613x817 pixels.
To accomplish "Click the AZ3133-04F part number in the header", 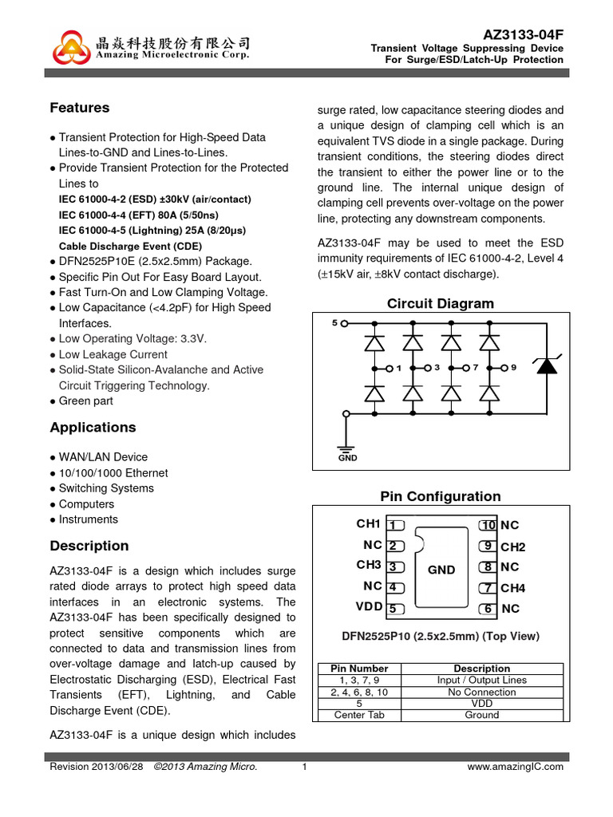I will [x=524, y=35].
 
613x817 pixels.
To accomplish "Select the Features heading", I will [x=79, y=108].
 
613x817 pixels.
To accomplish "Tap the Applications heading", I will [x=93, y=428].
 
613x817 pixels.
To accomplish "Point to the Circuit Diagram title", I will [x=440, y=304].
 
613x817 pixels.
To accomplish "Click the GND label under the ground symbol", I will [x=347, y=458].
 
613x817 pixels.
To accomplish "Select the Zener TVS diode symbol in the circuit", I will [x=546, y=365].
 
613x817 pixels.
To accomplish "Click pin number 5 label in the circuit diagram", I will [x=334, y=323].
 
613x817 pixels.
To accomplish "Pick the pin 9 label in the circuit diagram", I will [x=514, y=368].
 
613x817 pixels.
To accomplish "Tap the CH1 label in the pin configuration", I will [x=368, y=524].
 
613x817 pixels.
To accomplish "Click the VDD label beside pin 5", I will [x=369, y=607].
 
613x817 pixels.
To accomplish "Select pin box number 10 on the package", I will [x=488, y=525].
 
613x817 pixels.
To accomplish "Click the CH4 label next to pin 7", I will [x=512, y=589].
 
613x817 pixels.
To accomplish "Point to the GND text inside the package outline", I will [x=441, y=570].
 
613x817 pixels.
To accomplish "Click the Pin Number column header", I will [x=359, y=669].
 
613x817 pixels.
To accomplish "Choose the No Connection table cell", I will [x=482, y=693].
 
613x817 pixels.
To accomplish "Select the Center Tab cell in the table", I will [x=359, y=715].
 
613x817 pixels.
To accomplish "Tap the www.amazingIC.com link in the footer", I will [x=515, y=767].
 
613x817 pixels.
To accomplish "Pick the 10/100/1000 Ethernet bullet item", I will [x=113, y=473].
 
